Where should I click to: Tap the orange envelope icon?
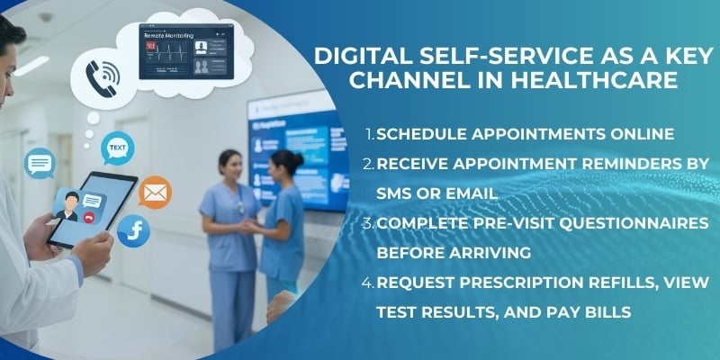tap(155, 192)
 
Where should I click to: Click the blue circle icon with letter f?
tap(133, 231)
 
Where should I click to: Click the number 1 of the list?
tap(369, 135)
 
